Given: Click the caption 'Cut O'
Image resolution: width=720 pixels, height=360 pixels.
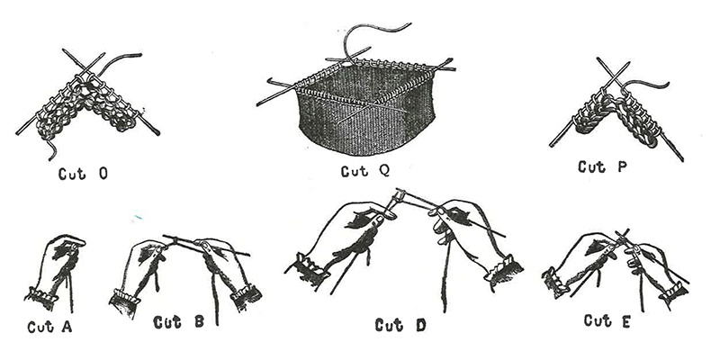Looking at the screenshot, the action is point(83,174).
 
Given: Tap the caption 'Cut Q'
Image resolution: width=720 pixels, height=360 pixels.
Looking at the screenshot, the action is point(365,171).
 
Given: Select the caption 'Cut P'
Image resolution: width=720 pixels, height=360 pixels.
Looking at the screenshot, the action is point(602,166).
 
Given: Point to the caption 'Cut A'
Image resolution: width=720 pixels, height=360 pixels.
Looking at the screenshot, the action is point(49,327).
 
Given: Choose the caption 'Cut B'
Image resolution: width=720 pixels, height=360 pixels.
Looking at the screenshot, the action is point(178,322).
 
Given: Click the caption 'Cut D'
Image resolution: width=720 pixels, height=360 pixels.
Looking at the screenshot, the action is point(400,325).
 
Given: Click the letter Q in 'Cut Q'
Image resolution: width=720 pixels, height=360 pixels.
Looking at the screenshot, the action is point(384,171).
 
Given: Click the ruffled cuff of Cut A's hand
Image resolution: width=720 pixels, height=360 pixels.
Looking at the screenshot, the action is point(41,298).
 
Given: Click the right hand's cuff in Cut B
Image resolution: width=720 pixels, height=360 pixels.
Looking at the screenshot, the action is point(246,294).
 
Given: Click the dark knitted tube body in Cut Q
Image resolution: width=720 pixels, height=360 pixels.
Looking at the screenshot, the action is point(365,124).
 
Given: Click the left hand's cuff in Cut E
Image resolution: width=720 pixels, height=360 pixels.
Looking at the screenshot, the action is point(554,281).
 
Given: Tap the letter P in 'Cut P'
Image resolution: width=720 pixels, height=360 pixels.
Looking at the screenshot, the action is point(621,166).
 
